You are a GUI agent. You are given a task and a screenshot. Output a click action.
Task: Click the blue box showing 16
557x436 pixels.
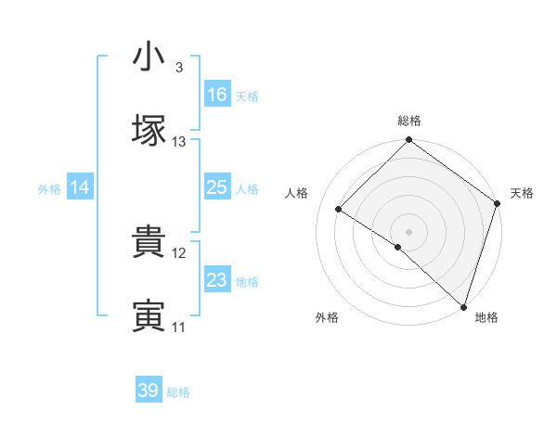pos(217,95)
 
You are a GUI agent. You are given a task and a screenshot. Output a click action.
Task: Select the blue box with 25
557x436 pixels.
pos(217,187)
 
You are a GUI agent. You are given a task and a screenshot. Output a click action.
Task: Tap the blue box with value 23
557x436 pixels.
pos(217,280)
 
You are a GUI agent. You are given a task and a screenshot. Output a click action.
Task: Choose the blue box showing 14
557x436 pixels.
pos(80,187)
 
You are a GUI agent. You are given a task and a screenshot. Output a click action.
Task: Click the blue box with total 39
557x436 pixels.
pos(149,391)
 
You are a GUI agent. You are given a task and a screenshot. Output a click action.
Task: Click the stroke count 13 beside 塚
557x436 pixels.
pos(179,142)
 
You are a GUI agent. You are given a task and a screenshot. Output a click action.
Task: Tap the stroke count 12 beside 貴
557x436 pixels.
pos(179,252)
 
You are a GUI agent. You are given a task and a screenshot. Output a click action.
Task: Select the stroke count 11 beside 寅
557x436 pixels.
pos(179,327)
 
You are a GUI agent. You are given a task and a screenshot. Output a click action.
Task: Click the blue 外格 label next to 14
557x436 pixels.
pos(49,188)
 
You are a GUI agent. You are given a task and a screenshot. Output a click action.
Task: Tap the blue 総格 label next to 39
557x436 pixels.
pos(178,392)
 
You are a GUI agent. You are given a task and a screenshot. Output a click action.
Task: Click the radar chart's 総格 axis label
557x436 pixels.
pos(409,122)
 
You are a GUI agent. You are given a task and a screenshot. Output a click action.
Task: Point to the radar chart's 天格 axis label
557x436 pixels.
pos(523,193)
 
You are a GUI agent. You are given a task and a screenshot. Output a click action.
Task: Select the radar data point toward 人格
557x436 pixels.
pos(339,210)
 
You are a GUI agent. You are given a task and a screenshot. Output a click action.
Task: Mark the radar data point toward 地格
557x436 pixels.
pos(463,305)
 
